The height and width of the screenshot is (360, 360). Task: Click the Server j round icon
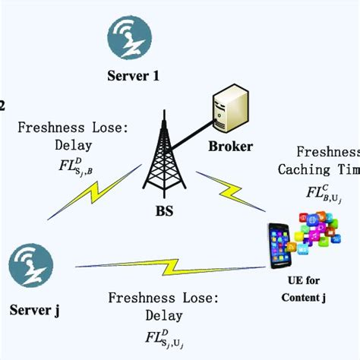point(31,267)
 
